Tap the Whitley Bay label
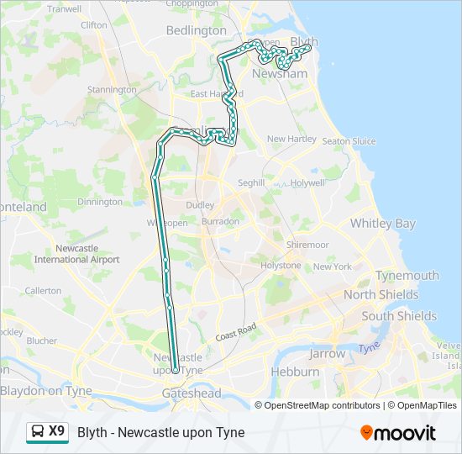point(382,224)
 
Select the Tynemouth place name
point(407,276)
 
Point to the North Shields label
point(381,295)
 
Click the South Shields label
point(399,316)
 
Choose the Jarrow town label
point(327,354)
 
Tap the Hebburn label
point(295,372)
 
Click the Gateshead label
point(192,393)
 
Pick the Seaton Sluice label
point(349,141)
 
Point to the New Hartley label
point(291,139)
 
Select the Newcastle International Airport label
point(76,254)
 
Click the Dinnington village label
point(99,202)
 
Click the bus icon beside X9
point(38,432)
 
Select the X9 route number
point(56,431)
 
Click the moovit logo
point(398,433)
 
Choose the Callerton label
point(43,290)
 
